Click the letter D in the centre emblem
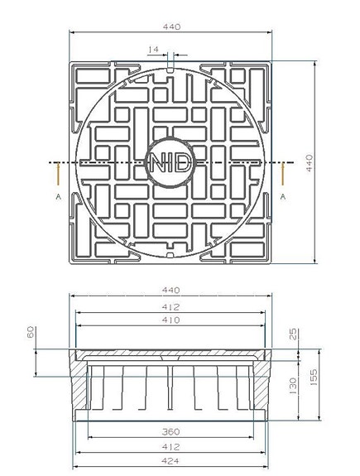183,163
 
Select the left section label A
58,197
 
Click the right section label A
283,196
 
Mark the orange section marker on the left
58,175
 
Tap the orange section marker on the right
283,175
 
